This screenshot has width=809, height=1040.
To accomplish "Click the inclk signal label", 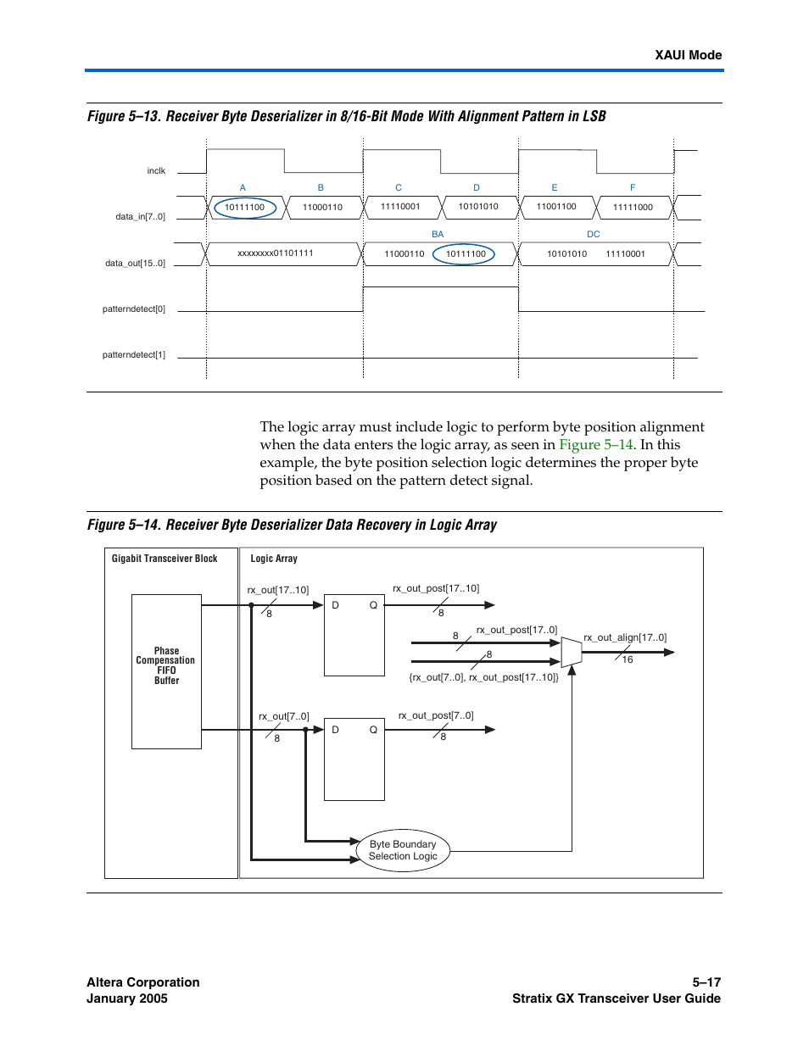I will point(156,171).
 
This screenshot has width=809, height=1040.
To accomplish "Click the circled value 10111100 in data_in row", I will point(244,208).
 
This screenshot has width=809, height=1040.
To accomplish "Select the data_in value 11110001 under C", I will point(400,206).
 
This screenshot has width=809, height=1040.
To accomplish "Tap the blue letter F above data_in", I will point(632,187).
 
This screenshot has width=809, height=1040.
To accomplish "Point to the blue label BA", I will point(438,234).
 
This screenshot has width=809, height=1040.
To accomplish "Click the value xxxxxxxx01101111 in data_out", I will point(276,253).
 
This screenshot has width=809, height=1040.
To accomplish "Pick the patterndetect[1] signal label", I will point(134,355).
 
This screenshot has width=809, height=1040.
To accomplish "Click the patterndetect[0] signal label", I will point(134,309).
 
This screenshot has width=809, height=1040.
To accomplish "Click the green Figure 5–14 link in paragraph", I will point(595,445).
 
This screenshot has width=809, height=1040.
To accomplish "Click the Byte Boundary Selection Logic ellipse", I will point(403,850).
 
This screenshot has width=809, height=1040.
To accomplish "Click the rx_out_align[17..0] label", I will point(625,637).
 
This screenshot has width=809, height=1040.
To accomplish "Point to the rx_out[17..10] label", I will point(278,590).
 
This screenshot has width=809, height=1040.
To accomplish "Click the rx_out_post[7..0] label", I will point(436,715).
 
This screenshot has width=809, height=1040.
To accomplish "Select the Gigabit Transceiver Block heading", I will point(165,559).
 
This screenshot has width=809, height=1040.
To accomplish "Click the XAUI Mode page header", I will point(688,55).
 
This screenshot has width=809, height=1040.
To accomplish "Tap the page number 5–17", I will point(706,982).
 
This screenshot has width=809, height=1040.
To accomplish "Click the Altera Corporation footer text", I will point(143,982).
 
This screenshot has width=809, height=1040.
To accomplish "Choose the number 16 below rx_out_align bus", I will point(628,659).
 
